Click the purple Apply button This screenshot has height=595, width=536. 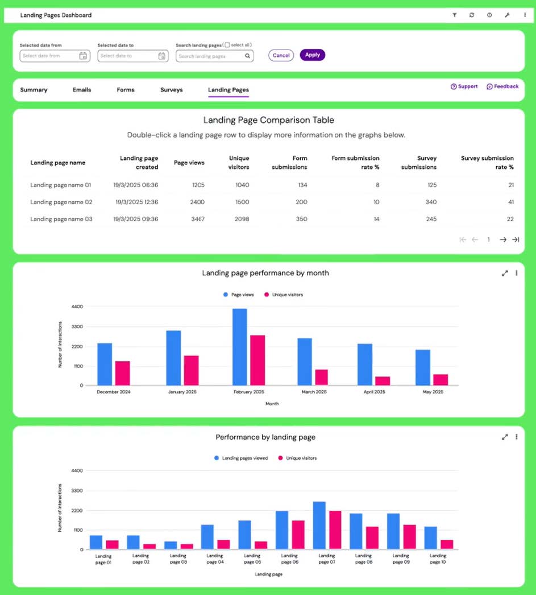pos(312,55)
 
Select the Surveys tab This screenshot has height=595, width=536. pos(171,90)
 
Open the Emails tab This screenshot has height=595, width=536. pos(82,90)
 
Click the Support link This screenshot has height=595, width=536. pos(464,86)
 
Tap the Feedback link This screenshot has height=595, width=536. pos(502,86)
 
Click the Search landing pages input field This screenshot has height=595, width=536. pos(210,56)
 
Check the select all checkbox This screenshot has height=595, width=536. pos(227,45)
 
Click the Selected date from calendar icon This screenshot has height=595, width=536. pos(83,56)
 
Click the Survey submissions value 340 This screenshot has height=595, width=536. pos(431,202)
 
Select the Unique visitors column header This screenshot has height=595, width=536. pos(239,162)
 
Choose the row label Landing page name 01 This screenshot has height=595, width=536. pos(60,185)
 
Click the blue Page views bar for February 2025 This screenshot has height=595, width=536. pos(239,347)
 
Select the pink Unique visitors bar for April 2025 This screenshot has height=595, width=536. pos(383,381)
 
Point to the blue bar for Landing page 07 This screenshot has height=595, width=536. pos(319,526)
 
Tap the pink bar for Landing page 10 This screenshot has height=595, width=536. pos(447,544)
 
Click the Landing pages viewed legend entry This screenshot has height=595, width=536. pos(241,458)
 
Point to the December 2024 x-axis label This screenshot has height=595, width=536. pos(114,392)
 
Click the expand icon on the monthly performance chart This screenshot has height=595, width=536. pos(504,273)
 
